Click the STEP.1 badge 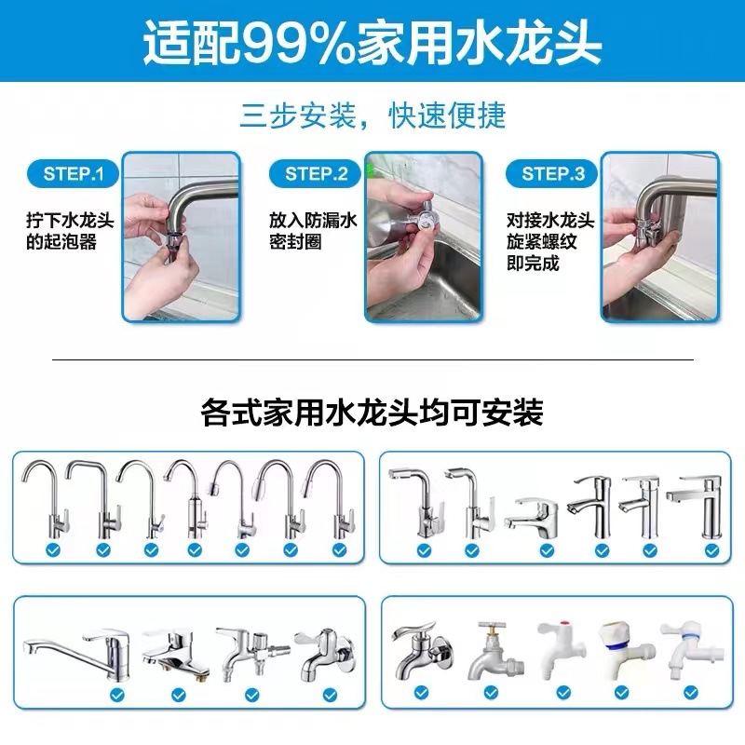pyautogui.click(x=80, y=173)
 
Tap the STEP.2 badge pyautogui.click(x=316, y=173)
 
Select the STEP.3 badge pyautogui.click(x=552, y=173)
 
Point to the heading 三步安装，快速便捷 pyautogui.click(x=372, y=115)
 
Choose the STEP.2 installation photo pyautogui.click(x=424, y=237)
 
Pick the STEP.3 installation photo pyautogui.click(x=659, y=237)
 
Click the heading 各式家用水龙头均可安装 pyautogui.click(x=372, y=413)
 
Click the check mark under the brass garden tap pyautogui.click(x=492, y=694)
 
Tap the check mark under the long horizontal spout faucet pyautogui.click(x=117, y=695)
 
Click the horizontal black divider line pyautogui.click(x=372, y=359)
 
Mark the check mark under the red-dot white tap pyautogui.click(x=562, y=694)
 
